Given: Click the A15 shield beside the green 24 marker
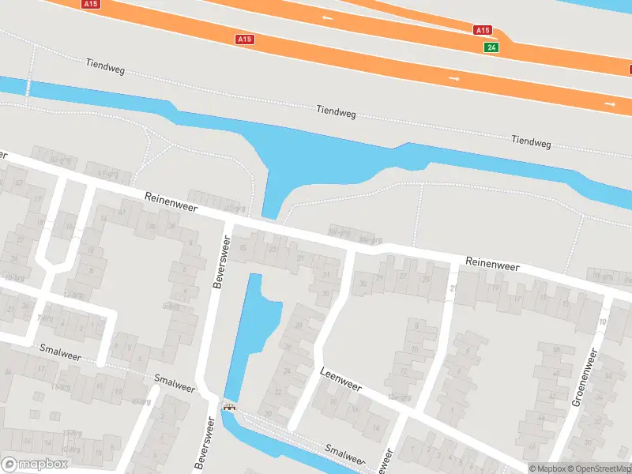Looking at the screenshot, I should [x=483, y=30].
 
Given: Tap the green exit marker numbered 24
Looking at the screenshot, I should [x=491, y=47].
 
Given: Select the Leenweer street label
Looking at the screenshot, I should [x=340, y=379].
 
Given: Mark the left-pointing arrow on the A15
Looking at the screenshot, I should [x=327, y=17].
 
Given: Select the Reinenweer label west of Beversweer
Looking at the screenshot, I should [x=171, y=203].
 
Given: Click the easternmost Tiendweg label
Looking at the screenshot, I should [x=530, y=141].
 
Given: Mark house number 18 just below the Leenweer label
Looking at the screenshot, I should [x=333, y=401].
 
